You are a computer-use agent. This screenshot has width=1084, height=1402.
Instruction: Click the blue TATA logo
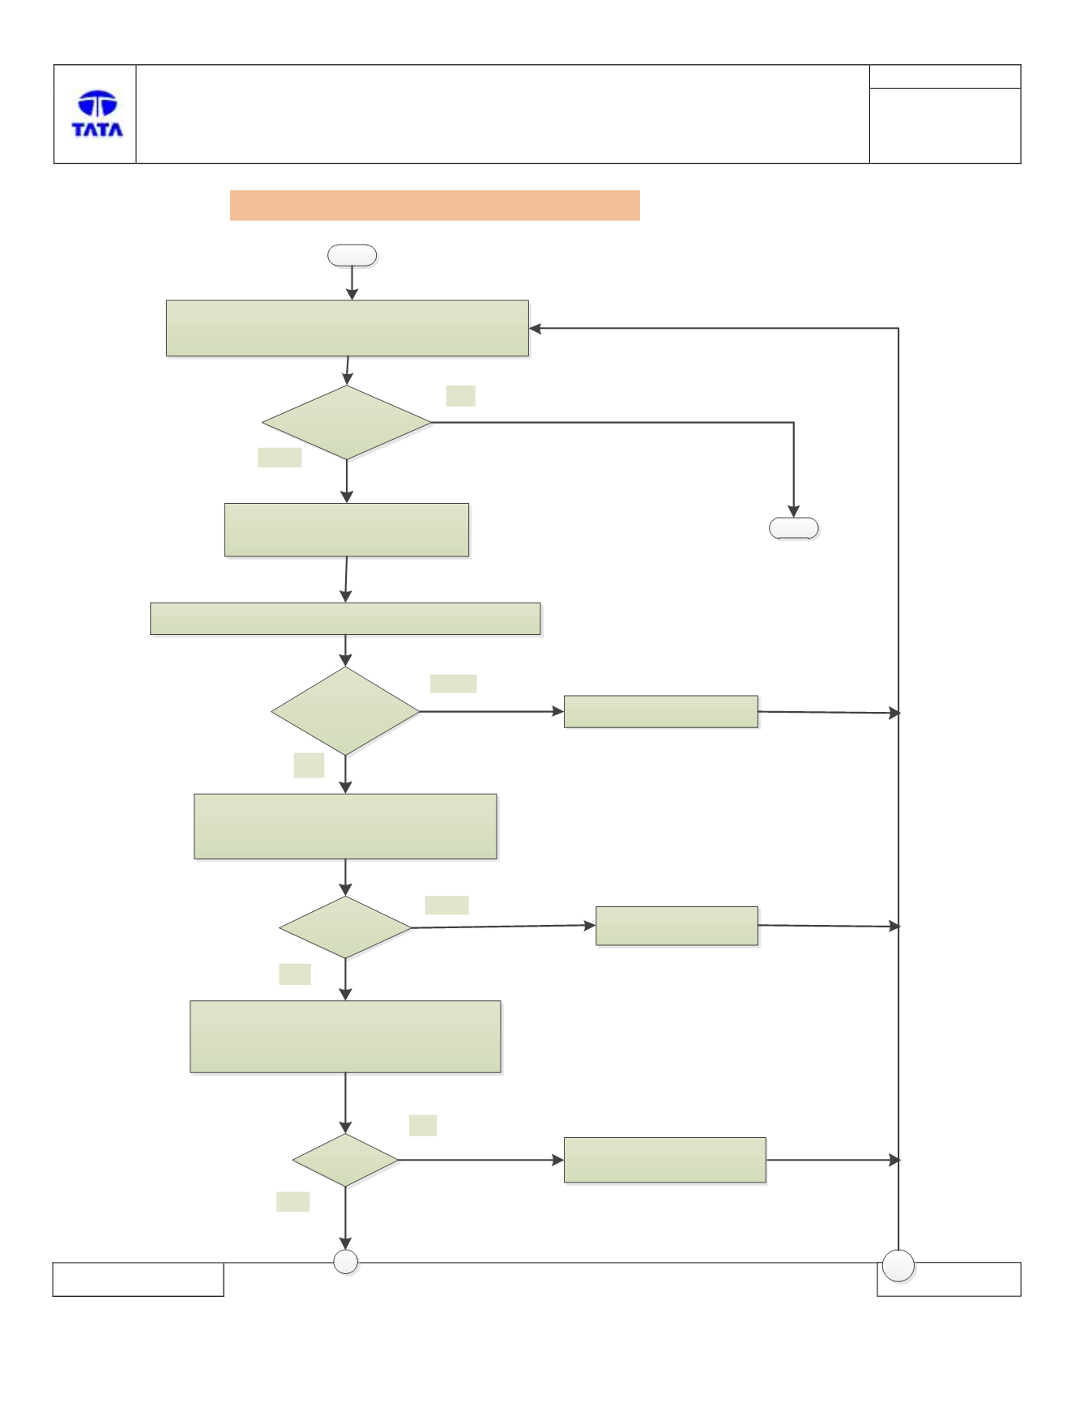coord(97,113)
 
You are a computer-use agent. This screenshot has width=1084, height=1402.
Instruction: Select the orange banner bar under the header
coord(434,205)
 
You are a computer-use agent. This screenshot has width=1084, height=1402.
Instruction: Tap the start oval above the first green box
coord(352,255)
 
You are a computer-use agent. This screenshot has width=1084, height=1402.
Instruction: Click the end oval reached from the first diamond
coord(793,528)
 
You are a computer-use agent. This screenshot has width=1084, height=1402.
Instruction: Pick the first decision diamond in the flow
coord(347,422)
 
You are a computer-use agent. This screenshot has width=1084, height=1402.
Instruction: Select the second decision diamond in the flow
coord(346,711)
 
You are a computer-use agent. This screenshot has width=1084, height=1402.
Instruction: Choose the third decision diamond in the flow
coord(346,927)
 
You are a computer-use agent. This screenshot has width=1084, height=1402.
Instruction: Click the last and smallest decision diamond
coord(345,1160)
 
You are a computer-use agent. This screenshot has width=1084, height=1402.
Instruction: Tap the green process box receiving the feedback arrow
coord(348,328)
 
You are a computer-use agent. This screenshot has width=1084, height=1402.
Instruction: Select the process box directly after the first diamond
coord(347,530)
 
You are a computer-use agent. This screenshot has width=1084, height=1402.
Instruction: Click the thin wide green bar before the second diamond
coord(345,619)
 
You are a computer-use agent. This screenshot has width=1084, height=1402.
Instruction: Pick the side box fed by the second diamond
coord(661,711)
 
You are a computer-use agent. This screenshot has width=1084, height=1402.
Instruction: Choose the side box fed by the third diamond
coord(677,926)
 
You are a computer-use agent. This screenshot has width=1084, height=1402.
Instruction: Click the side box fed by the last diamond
coord(665,1160)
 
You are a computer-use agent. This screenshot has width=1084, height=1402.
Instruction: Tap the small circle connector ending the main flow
coord(346,1262)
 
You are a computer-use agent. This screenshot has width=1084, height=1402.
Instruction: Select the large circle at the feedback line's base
coord(898,1265)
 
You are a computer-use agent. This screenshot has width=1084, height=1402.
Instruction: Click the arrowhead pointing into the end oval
coord(793,512)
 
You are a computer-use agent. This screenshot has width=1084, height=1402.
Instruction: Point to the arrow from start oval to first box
coord(352,283)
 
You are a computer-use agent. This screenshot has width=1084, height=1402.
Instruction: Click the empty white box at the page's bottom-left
coord(138,1279)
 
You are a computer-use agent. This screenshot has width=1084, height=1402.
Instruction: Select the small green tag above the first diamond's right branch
coord(461,395)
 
